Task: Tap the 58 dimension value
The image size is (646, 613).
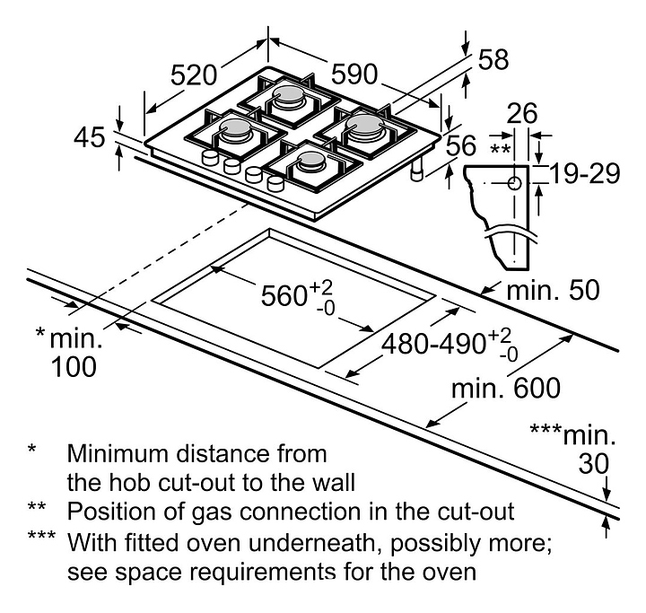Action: coord(493,61)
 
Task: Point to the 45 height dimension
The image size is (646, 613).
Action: coord(90,138)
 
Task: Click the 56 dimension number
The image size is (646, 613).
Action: coord(461,146)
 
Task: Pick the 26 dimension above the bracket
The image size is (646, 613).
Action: coord(521,114)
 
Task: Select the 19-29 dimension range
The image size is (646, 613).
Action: coord(585,173)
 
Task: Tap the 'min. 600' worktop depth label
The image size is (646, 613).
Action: coord(506,388)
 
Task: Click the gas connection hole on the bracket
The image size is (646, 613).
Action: coord(514,184)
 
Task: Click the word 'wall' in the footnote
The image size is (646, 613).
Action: coord(333,482)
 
